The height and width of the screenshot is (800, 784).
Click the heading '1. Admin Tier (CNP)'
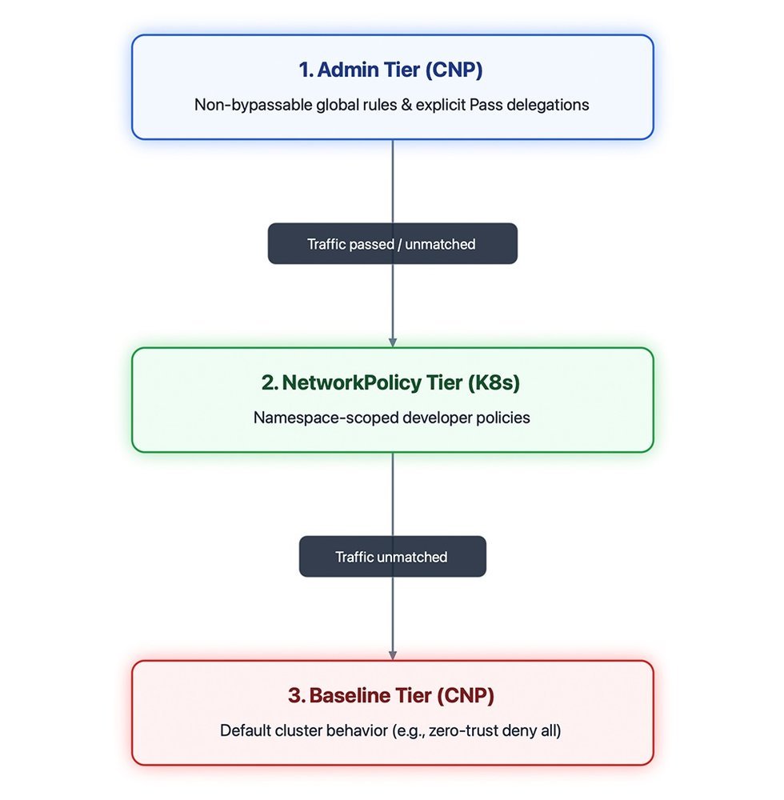pos(390,70)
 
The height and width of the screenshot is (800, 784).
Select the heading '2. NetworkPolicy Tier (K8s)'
pos(390,382)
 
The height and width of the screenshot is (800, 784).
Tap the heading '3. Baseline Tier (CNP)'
pos(390,695)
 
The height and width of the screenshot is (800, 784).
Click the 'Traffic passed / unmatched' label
pos(391,244)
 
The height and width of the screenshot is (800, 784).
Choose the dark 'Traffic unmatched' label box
pos(392,556)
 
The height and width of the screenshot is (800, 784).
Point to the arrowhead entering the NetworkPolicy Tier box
pos(392,342)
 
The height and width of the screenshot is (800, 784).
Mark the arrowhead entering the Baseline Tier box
pos(392,655)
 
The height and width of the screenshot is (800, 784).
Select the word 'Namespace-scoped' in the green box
pos(326,418)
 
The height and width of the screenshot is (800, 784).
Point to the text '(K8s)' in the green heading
pos(494,382)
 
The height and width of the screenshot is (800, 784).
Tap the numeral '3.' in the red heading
pos(297,695)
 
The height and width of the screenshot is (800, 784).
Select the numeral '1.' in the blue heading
pos(306,70)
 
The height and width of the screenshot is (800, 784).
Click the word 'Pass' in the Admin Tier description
pos(486,105)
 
